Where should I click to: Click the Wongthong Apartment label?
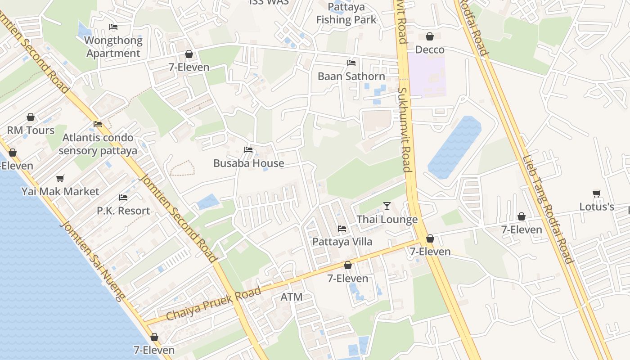113,47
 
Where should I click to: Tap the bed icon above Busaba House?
248,150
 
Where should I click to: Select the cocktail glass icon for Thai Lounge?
387,207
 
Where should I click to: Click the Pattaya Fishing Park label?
346,13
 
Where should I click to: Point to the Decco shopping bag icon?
430,36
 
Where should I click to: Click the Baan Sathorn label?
351,76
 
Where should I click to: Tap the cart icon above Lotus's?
597,194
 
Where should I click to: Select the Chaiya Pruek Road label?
214,304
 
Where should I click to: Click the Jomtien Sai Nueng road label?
92,260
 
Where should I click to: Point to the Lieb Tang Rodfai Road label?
547,209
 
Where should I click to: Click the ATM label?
292,297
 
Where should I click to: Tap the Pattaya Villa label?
342,242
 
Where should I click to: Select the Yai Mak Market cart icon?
60,179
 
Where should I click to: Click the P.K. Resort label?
123,211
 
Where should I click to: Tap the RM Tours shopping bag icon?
31,117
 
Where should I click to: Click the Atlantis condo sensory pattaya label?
98,144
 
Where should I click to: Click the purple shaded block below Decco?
427,75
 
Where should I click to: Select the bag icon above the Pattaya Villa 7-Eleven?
347,265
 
